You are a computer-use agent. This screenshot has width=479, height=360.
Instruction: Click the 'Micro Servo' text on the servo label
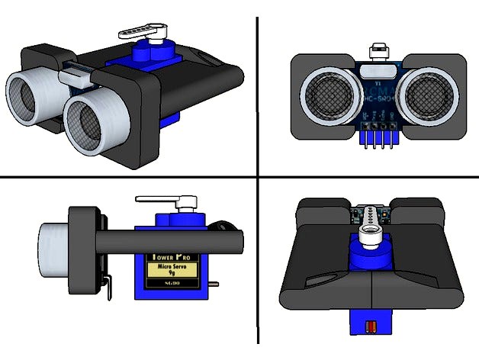click(171, 268)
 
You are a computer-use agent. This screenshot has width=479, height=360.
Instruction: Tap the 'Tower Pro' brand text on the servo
click(171, 257)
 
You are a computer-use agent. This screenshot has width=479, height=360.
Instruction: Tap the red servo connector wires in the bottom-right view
click(371, 327)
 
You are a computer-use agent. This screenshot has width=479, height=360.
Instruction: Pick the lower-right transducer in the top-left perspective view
click(92, 125)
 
